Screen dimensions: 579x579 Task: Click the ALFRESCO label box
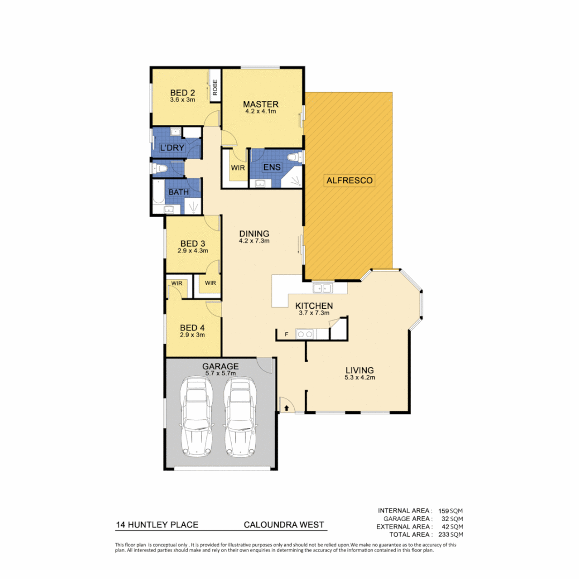[x=350, y=180]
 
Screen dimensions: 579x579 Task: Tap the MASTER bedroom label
[x=261, y=104]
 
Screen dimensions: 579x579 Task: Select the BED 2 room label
[x=182, y=92]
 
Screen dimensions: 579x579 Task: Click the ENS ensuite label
[x=271, y=167]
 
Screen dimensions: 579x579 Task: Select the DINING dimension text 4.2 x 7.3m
[x=254, y=241]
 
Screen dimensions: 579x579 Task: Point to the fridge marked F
[x=287, y=335]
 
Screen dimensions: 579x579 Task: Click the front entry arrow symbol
[x=287, y=408]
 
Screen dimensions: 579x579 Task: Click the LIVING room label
[x=359, y=370]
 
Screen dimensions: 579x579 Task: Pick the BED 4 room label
[x=192, y=328]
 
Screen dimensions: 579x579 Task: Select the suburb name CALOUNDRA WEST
[x=284, y=525]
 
